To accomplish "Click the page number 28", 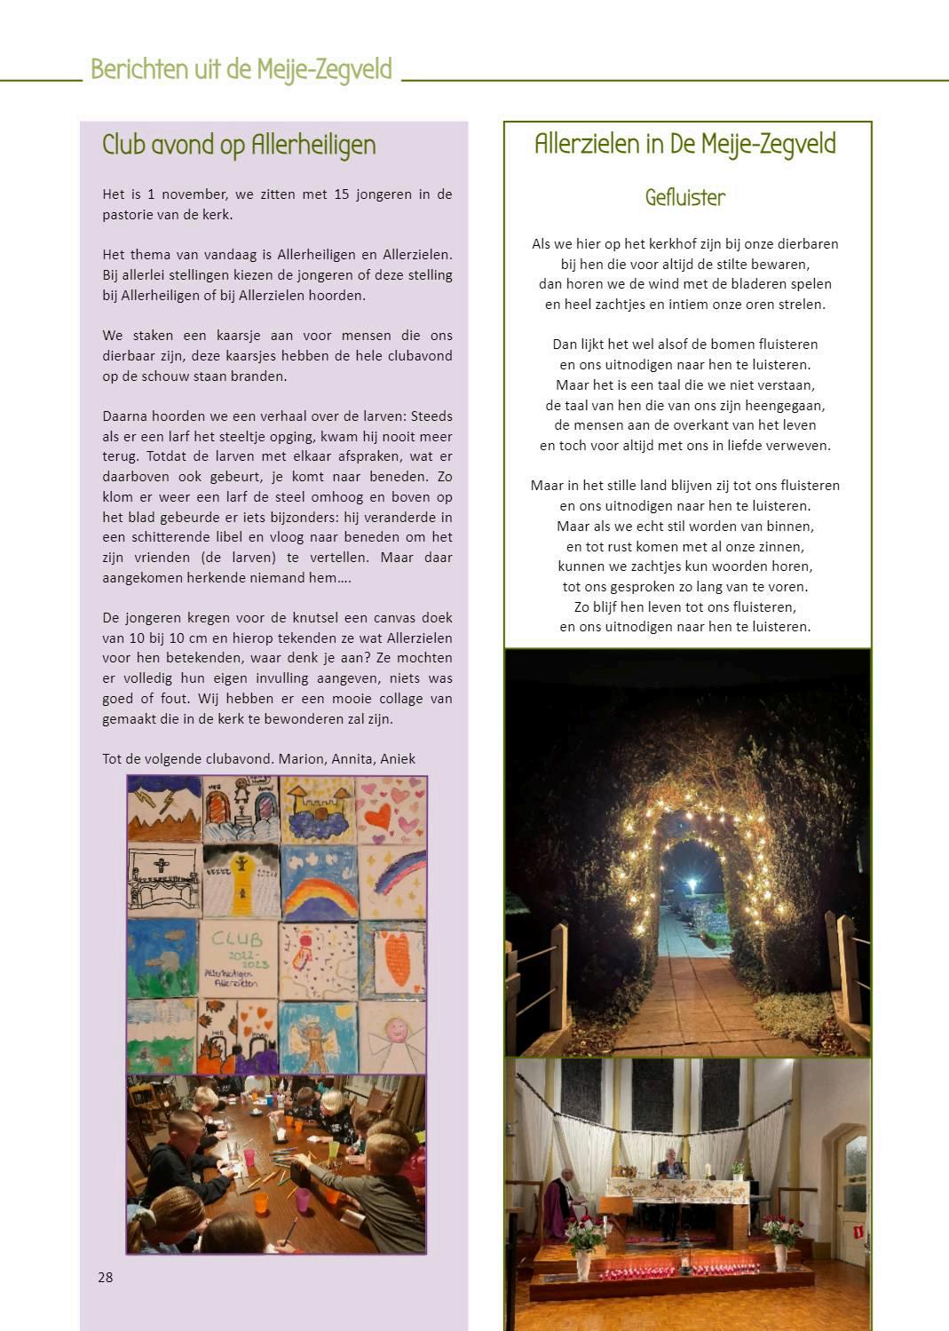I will pyautogui.click(x=106, y=1277).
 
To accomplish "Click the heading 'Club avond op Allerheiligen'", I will pyautogui.click(x=239, y=145).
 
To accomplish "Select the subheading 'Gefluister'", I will pyautogui.click(x=685, y=197).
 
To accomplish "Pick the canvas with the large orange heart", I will pyautogui.click(x=392, y=959).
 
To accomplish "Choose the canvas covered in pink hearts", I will pyautogui.click(x=391, y=810).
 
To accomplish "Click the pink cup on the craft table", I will pyautogui.click(x=303, y=1200).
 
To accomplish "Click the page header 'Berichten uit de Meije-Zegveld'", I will pyautogui.click(x=241, y=69).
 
